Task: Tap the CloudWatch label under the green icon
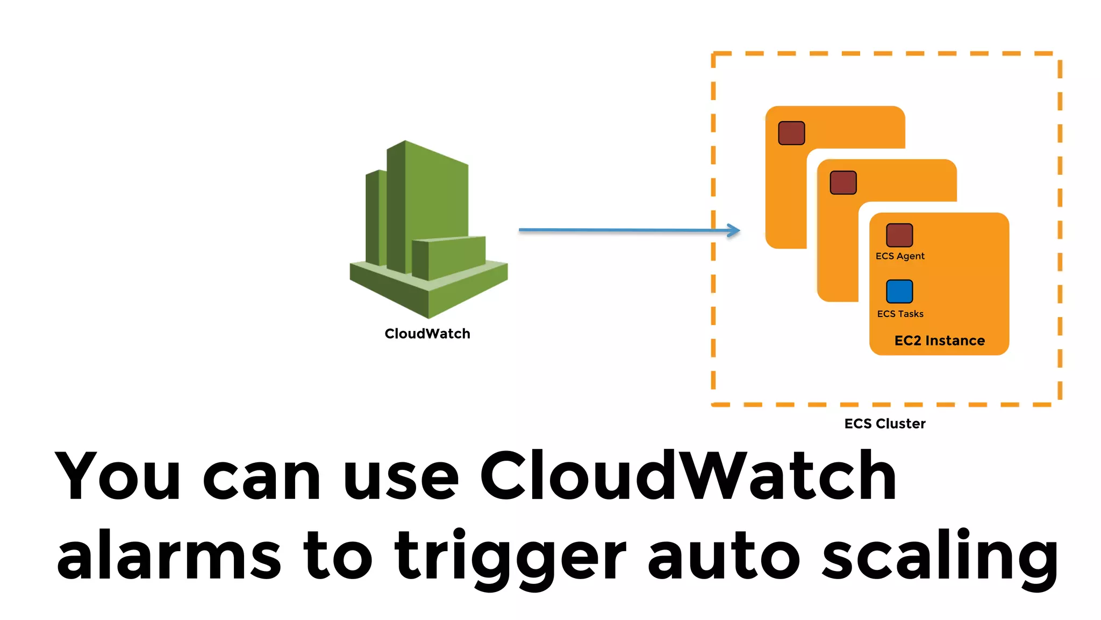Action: pos(427,334)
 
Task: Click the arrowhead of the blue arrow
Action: pos(734,230)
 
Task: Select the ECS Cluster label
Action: pos(885,424)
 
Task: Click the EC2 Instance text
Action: pos(939,341)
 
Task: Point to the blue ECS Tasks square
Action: pos(899,291)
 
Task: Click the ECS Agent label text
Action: pos(900,256)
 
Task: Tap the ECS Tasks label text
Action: pos(900,314)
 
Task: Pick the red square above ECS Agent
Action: pos(899,235)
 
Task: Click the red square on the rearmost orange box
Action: pos(791,133)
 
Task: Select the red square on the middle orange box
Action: pos(843,182)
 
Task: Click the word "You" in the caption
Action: pos(117,476)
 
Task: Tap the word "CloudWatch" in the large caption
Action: pos(688,476)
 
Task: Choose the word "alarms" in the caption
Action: pos(169,556)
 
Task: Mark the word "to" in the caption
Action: pos(338,556)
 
